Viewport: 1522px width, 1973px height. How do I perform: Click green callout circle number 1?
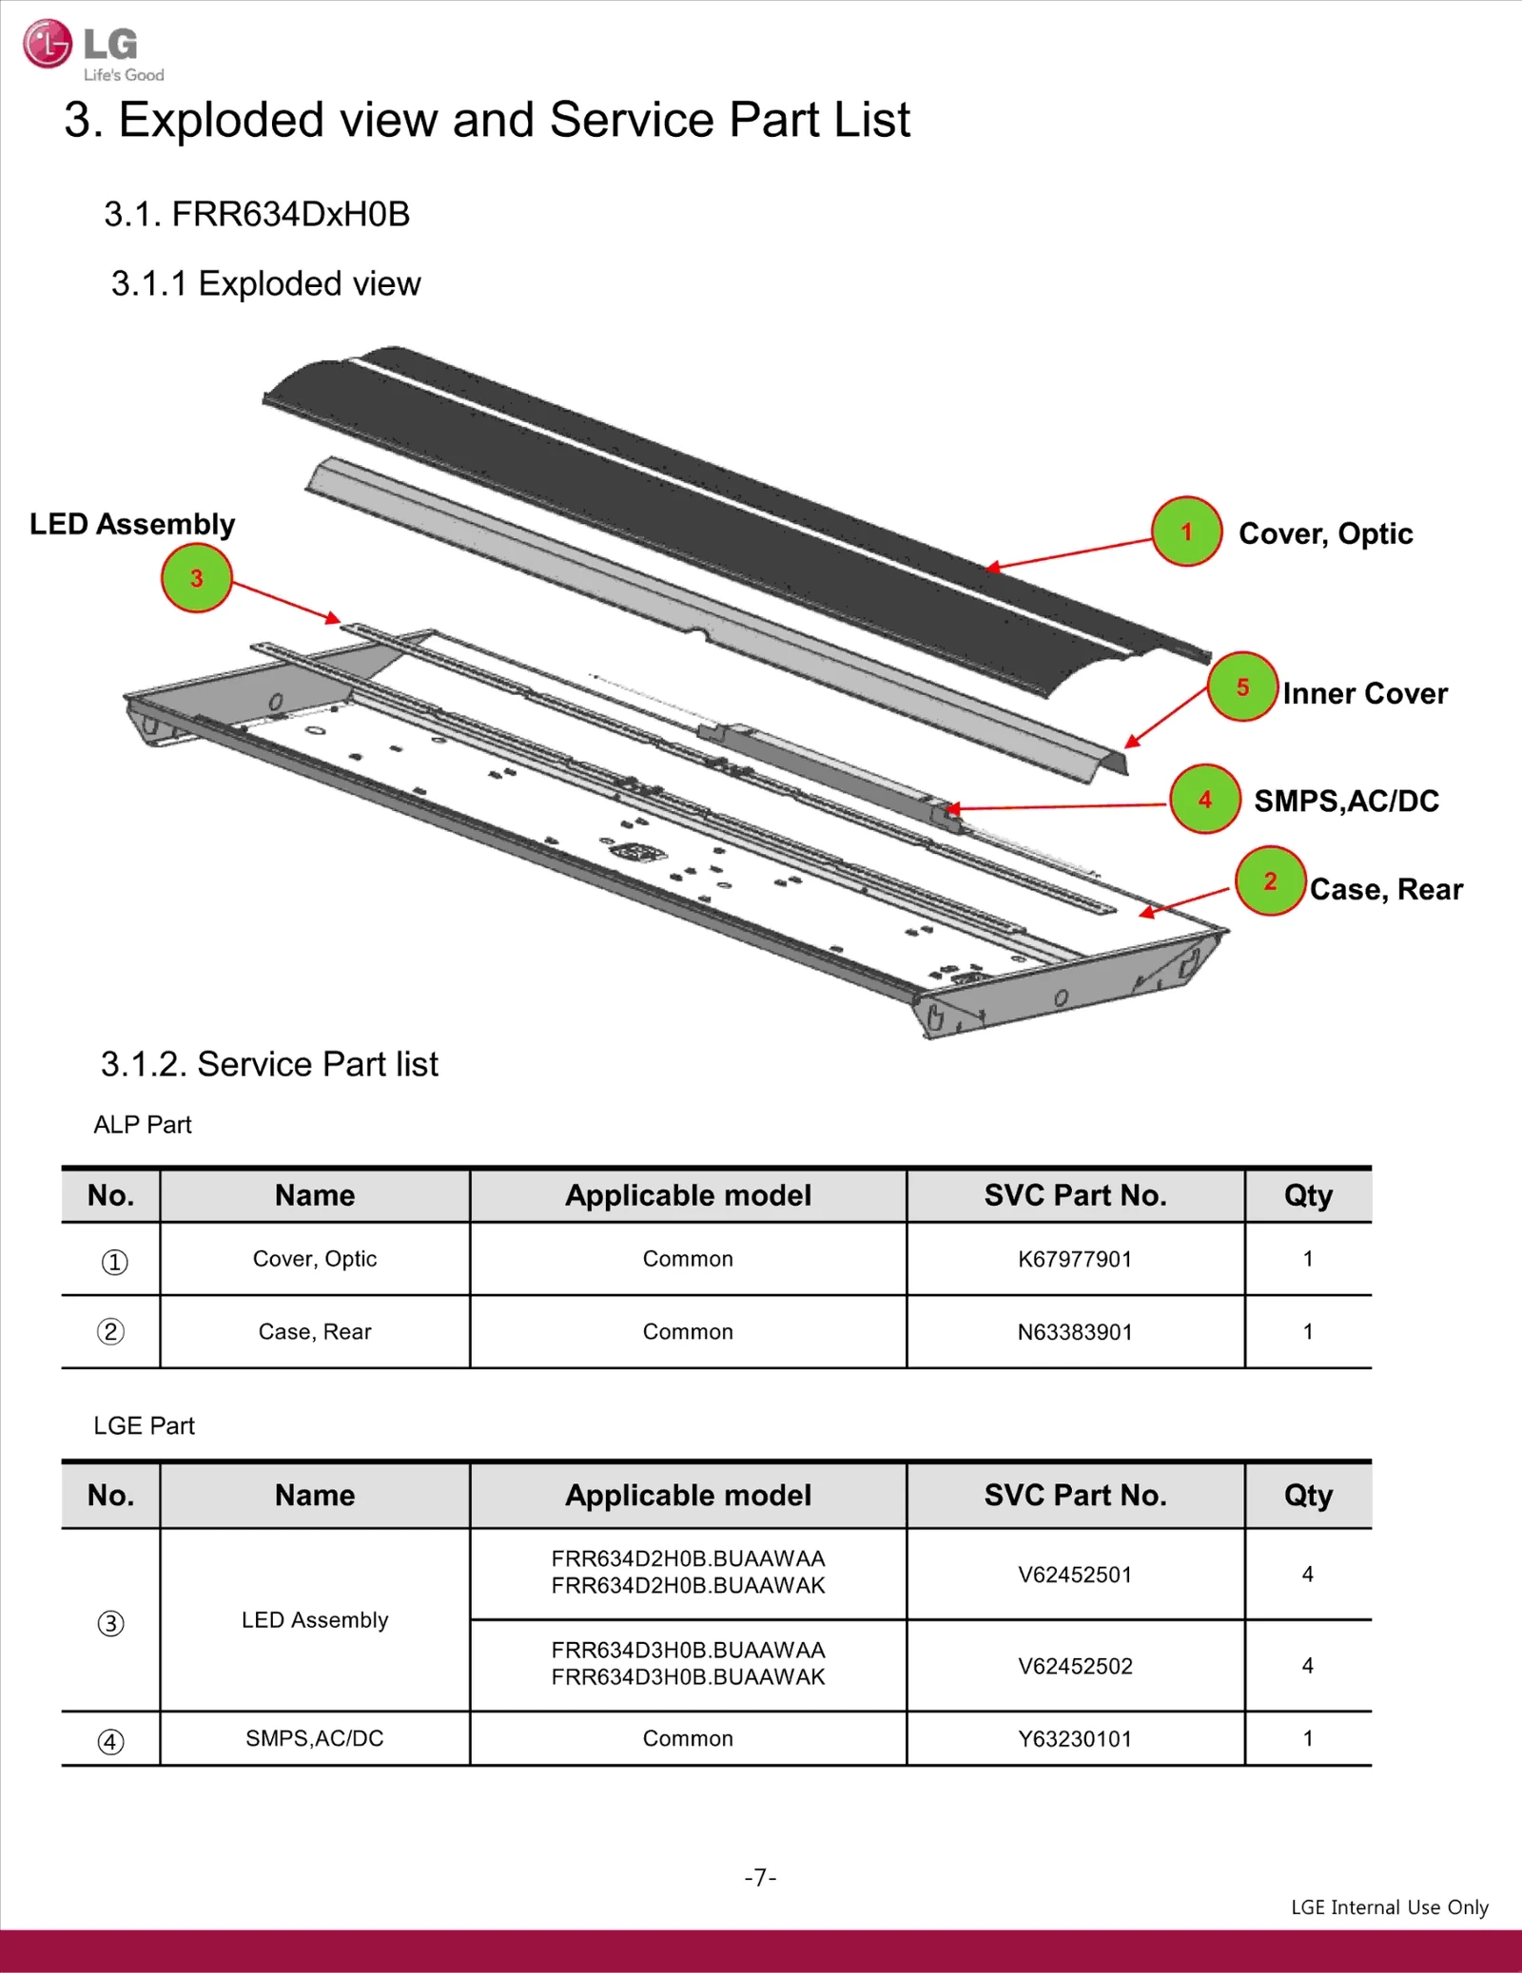[1185, 532]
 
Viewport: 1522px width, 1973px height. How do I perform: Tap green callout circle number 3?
[196, 578]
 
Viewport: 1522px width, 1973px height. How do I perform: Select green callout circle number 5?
[1241, 687]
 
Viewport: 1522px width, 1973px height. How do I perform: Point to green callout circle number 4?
[1204, 800]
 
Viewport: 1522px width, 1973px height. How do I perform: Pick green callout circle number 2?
[1269, 881]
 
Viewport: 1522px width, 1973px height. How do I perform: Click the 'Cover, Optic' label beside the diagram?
[1324, 533]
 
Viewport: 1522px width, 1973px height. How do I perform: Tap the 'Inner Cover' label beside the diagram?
[1364, 693]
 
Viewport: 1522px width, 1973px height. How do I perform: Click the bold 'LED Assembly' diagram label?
[132, 524]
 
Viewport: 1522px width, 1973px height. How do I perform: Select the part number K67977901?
[1074, 1259]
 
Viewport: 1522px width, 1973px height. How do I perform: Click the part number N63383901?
[1074, 1332]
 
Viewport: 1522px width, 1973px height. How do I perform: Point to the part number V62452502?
[1074, 1666]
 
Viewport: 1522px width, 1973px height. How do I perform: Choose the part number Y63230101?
[1074, 1739]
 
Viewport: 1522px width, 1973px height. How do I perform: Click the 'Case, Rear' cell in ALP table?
[315, 1332]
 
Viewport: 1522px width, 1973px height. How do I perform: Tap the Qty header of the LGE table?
[1307, 1496]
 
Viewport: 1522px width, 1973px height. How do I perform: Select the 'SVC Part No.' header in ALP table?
[1074, 1195]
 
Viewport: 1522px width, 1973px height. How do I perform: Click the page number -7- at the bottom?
[760, 1877]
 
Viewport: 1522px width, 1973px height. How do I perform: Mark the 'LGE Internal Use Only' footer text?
[1389, 1907]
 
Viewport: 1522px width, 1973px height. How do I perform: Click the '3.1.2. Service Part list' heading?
[269, 1064]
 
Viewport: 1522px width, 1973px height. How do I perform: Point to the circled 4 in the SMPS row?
[110, 1741]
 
